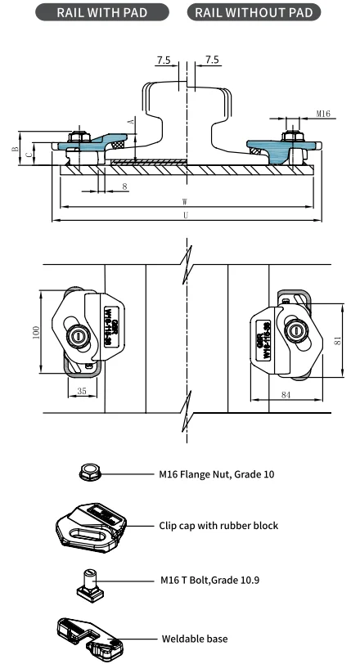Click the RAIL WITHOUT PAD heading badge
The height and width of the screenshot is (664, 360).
click(254, 12)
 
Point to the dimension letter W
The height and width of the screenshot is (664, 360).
click(187, 203)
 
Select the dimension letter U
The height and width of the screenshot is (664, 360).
click(187, 215)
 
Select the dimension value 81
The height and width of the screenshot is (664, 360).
click(337, 343)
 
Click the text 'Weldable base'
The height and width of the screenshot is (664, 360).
click(194, 638)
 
